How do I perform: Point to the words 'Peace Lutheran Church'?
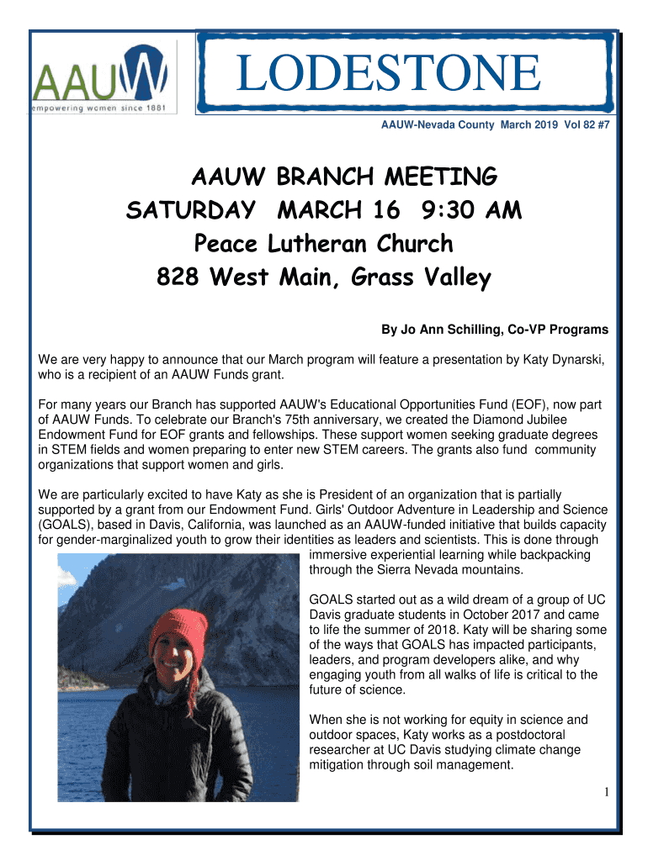323,244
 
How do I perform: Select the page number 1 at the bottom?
606,792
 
